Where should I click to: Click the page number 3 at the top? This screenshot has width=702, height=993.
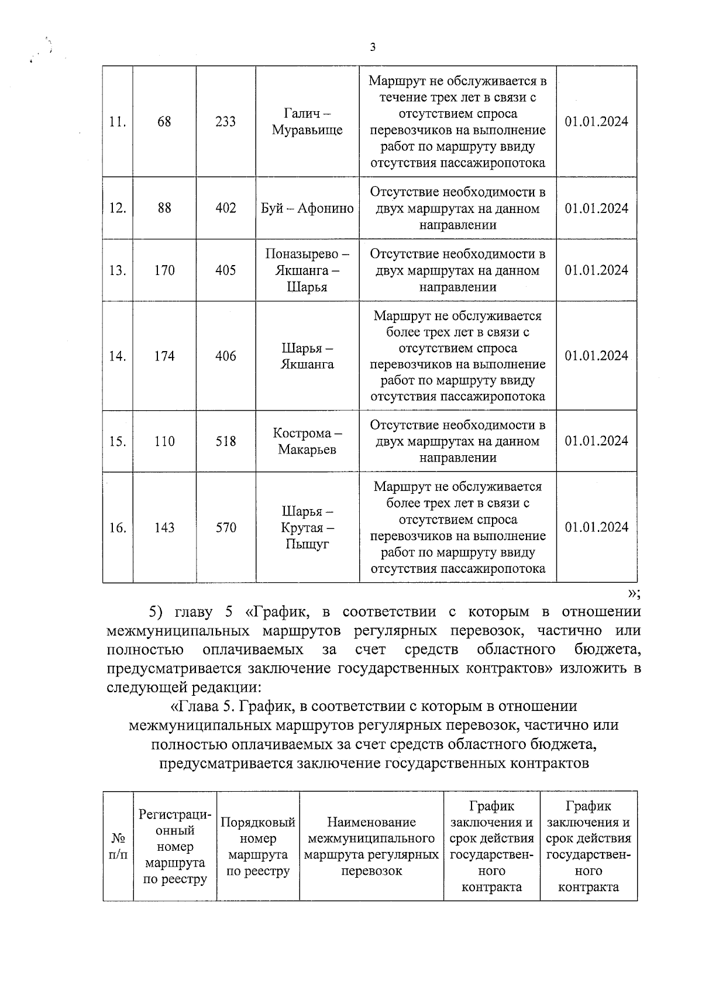(373, 48)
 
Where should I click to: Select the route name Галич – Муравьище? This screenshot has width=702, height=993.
(307, 122)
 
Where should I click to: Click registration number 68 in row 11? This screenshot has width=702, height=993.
(164, 122)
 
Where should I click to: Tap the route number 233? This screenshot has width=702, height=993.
(226, 122)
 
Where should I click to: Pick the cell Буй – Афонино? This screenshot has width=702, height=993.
(307, 208)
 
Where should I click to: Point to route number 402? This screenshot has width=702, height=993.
(226, 208)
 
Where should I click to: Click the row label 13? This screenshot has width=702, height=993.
(118, 270)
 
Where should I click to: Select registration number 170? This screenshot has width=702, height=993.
(164, 270)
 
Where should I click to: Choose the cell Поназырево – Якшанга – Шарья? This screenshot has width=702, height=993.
(307, 270)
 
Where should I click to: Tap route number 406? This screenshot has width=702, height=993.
(226, 356)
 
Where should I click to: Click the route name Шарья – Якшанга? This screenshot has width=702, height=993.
(307, 356)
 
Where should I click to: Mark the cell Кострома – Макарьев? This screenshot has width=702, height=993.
(307, 441)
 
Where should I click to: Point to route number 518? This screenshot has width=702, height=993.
(226, 441)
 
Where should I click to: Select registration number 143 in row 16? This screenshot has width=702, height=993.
(164, 528)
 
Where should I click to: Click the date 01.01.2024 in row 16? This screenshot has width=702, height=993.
(597, 527)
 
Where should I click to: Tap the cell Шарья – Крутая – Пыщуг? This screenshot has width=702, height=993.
(307, 528)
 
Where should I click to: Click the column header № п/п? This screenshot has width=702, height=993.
(118, 846)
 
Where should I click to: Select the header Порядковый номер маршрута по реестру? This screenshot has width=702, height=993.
(258, 846)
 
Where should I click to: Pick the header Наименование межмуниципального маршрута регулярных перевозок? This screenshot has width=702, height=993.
(371, 846)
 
